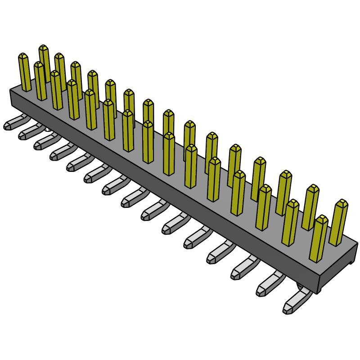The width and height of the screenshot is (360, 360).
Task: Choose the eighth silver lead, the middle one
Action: (x=132, y=197)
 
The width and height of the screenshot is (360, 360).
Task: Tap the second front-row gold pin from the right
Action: (x=290, y=223)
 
